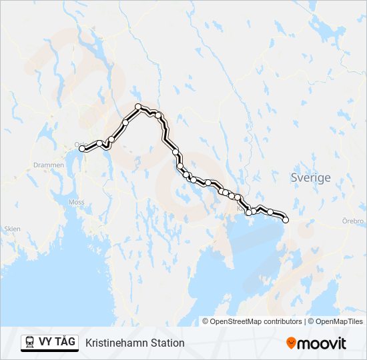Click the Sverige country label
[x=310, y=177]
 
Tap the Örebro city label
[x=352, y=221]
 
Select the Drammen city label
[x=51, y=165]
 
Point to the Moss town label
[x=76, y=201]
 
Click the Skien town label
[x=12, y=229]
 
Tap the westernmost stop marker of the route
[x=83, y=149]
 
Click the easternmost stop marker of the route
[x=286, y=219]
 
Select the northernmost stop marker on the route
[x=138, y=107]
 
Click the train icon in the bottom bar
[x=29, y=343]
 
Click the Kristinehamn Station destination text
[x=135, y=343]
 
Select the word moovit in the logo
[x=322, y=343]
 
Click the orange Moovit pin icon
[x=291, y=343]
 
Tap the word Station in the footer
[x=165, y=343]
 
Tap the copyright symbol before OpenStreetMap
[x=206, y=321]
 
